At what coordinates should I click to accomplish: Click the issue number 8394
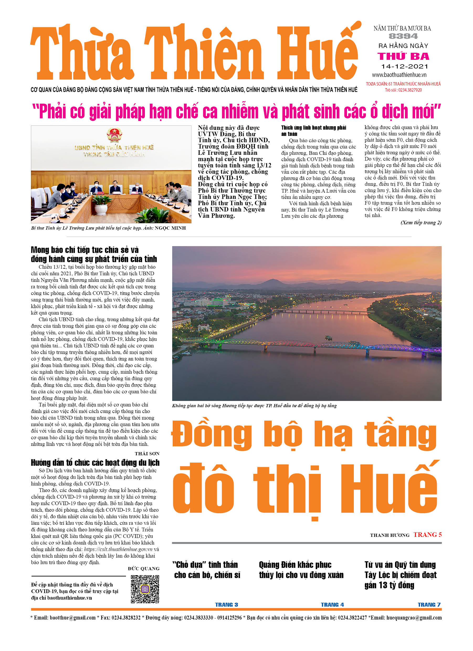(x=403, y=36)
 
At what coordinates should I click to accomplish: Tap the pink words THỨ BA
(x=403, y=56)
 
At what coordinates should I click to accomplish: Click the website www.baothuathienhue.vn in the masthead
(x=399, y=75)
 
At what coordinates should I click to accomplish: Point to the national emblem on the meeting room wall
(x=114, y=135)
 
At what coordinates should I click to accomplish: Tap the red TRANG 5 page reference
(x=427, y=534)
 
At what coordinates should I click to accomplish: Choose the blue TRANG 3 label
(x=226, y=605)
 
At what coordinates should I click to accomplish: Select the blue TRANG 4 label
(x=332, y=605)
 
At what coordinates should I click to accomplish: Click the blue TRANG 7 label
(x=429, y=605)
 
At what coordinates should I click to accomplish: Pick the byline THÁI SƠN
(x=147, y=453)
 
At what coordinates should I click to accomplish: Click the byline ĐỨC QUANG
(x=144, y=568)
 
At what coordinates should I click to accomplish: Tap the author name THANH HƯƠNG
(x=390, y=535)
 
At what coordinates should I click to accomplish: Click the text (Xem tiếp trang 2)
(x=421, y=223)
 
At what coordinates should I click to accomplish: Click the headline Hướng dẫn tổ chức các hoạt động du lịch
(x=95, y=463)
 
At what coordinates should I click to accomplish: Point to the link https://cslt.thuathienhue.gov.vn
(x=118, y=549)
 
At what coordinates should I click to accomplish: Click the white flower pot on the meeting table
(x=101, y=209)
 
